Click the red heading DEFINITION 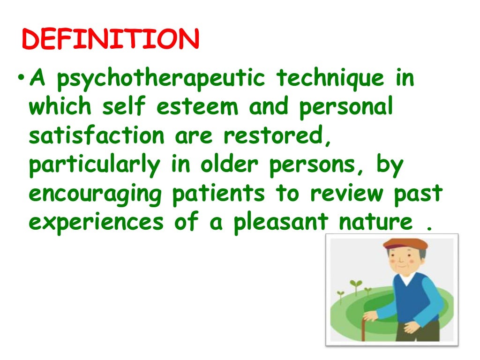(x=111, y=39)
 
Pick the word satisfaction (x=97, y=136)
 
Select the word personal (x=346, y=107)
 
